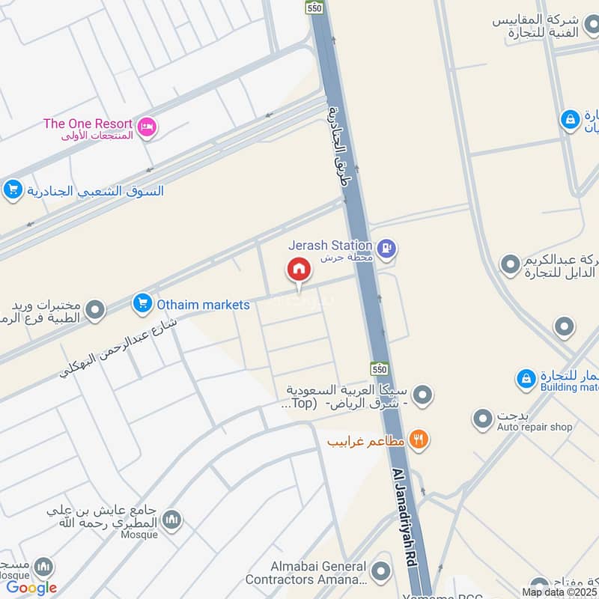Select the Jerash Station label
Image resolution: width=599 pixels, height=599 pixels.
tap(330, 245)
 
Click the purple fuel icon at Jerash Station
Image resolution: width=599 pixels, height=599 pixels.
tap(386, 248)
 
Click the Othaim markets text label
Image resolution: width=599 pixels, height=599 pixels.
tap(203, 305)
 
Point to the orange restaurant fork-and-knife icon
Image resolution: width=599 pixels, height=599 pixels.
tap(419, 440)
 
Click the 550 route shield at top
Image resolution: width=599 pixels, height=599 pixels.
tap(314, 7)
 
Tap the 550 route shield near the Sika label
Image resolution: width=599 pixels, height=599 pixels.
tap(380, 368)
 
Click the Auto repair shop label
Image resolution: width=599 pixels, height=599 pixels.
tap(535, 428)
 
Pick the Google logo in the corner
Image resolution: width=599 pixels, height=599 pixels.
tap(31, 588)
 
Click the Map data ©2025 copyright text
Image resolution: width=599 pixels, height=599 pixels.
tap(559, 592)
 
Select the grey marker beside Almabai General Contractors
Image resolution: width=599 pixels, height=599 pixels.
tap(382, 573)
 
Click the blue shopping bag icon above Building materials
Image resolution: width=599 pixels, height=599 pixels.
tap(526, 378)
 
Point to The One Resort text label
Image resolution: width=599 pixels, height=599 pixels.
tap(88, 124)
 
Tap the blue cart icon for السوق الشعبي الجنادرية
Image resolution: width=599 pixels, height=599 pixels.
tap(12, 191)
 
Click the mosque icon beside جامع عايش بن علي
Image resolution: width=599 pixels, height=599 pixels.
tap(172, 520)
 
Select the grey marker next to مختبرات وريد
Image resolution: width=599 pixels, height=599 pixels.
tap(95, 309)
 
